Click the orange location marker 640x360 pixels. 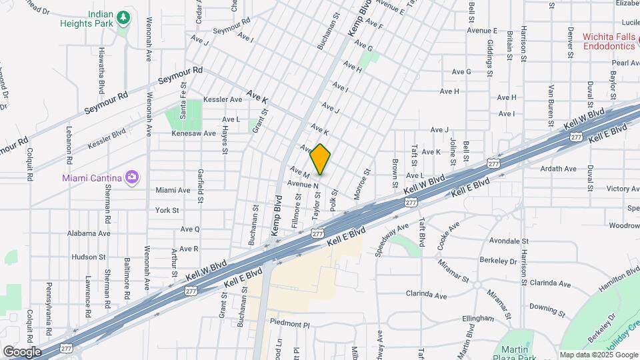(x=321, y=159)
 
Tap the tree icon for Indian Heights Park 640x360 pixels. (x=123, y=17)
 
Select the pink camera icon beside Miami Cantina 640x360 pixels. (x=132, y=177)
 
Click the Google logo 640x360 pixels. (x=22, y=351)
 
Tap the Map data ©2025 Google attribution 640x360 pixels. (x=598, y=355)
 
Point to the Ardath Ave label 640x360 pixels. (x=559, y=169)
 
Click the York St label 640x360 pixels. (x=167, y=210)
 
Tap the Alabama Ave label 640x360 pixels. (x=89, y=233)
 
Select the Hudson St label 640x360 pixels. (x=85, y=257)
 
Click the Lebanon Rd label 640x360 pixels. (x=69, y=141)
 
